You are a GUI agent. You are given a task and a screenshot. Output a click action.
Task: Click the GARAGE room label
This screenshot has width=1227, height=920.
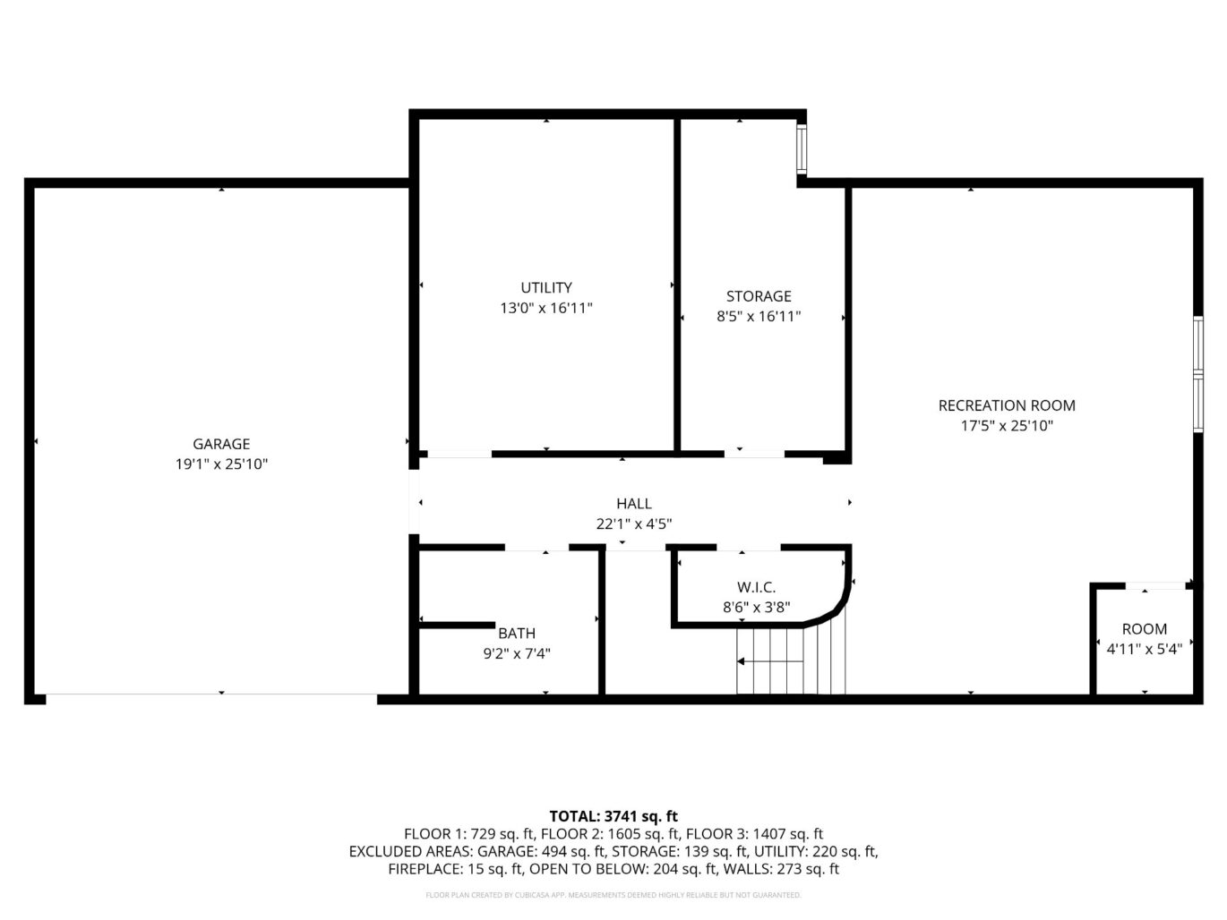[221, 444]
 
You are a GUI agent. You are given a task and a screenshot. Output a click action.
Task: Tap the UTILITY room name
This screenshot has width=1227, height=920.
[546, 287]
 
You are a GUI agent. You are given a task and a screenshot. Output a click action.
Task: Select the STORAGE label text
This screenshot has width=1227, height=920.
[759, 295]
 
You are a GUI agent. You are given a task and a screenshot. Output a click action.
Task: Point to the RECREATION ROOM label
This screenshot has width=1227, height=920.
[1007, 405]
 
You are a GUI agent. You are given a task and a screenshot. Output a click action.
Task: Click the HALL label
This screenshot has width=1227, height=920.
[634, 503]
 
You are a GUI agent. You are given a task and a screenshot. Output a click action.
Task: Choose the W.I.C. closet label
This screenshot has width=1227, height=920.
[756, 587]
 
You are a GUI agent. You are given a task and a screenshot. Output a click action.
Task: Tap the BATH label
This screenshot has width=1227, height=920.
[517, 633]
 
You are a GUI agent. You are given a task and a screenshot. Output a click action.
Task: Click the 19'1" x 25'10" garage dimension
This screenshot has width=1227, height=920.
[221, 464]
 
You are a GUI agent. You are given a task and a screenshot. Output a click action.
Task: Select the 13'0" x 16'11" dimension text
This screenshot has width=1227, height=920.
[546, 308]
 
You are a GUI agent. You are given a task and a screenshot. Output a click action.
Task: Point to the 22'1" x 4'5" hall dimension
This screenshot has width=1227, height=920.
[634, 524]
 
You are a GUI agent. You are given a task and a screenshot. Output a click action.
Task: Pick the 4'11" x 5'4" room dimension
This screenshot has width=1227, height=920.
[1145, 649]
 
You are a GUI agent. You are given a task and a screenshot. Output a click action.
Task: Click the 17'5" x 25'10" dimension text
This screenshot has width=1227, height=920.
[1007, 426]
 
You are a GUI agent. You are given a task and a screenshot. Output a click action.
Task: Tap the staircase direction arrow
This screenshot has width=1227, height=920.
[770, 661]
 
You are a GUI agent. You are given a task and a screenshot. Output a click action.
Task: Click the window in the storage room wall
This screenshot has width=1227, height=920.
[802, 148]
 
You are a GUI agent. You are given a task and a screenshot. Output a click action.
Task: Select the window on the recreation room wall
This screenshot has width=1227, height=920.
[1198, 374]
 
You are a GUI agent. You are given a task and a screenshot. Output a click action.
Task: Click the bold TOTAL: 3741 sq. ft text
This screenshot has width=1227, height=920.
[613, 816]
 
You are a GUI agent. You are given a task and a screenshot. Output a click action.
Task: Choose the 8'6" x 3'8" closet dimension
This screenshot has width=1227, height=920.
[756, 607]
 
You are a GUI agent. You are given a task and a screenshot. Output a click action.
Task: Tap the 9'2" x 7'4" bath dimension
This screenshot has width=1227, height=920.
[517, 653]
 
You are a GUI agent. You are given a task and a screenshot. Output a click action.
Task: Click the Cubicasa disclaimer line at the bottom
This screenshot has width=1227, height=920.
[613, 895]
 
